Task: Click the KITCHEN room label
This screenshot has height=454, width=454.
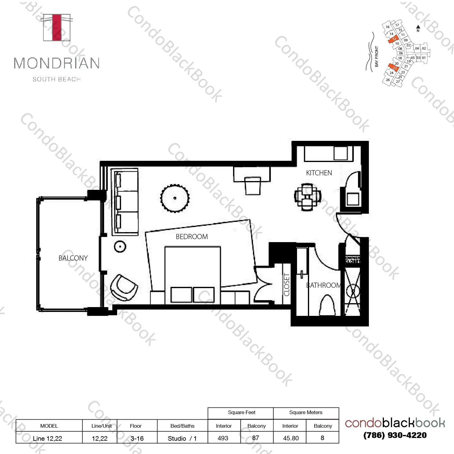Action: point(319,173)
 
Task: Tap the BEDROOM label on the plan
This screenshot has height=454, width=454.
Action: point(192,237)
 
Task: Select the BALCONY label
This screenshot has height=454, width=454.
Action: point(73,258)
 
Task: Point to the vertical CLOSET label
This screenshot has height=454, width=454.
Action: point(286,284)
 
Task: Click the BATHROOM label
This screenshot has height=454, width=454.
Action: point(323,285)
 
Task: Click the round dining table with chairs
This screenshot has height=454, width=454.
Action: point(307,197)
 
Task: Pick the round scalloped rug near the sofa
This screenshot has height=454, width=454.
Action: point(175,198)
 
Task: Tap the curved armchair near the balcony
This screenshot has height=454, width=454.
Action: point(124,287)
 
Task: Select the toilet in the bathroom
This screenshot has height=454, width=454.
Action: point(327,305)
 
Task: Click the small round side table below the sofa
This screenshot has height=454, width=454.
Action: point(120,247)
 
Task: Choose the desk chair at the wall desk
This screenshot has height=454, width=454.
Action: point(253,186)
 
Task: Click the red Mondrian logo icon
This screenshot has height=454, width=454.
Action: point(57,27)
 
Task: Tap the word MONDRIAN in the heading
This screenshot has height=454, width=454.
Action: point(57,63)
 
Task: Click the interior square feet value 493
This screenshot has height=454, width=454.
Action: point(223,438)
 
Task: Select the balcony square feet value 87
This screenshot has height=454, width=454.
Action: point(256,438)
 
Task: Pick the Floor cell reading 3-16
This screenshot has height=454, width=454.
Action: point(137,438)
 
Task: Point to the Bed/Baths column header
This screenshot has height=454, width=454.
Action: point(182,426)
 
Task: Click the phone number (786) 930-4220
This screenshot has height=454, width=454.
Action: point(395,435)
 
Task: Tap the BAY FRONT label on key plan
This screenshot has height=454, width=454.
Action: point(376,57)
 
